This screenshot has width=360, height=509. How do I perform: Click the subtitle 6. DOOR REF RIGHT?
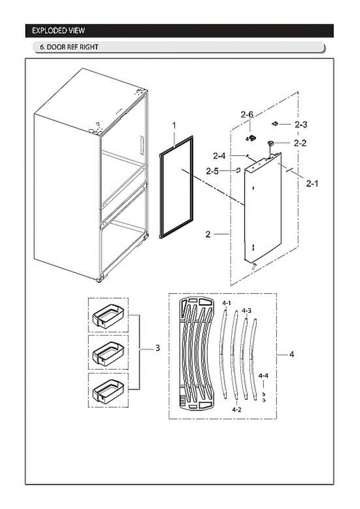tap(69, 47)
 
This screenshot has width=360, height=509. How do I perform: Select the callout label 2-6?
tap(247, 115)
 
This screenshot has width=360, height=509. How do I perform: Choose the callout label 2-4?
tap(220, 157)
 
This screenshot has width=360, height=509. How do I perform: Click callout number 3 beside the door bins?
tap(157, 348)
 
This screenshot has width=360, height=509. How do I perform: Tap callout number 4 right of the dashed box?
tap(291, 354)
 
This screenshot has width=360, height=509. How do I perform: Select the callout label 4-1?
tap(227, 303)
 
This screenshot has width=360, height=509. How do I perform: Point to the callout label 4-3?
tap(246, 310)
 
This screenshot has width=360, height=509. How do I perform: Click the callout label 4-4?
tap(263, 376)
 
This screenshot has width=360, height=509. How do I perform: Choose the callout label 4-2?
tap(237, 410)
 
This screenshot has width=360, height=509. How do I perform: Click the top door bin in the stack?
tap(108, 316)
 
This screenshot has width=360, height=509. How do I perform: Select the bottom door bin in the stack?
tap(108, 391)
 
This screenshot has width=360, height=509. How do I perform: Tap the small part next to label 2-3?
tap(275, 124)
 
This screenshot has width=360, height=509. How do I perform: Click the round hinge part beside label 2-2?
tap(270, 143)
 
